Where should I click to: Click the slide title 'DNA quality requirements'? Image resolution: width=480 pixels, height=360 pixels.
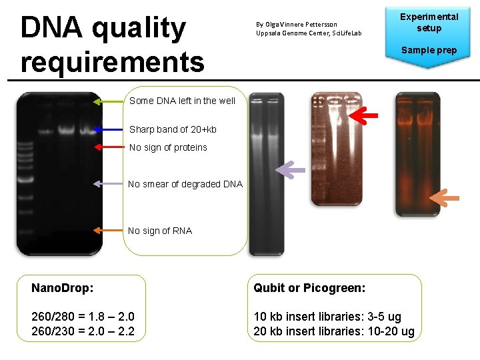click(x=112, y=45)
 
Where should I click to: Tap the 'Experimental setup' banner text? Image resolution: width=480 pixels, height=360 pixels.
click(x=429, y=22)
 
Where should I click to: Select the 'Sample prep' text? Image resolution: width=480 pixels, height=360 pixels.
click(x=429, y=50)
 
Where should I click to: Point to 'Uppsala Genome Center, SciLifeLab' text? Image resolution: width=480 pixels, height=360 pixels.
click(x=308, y=33)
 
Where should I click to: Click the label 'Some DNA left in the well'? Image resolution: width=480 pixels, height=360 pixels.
click(x=182, y=101)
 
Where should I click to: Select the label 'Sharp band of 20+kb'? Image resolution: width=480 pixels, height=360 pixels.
click(x=173, y=129)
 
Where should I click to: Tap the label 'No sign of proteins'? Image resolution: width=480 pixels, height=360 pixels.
click(x=168, y=147)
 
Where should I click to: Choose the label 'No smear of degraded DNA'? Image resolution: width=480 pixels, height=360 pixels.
click(x=185, y=184)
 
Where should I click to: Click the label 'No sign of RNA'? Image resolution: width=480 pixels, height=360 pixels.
click(x=160, y=231)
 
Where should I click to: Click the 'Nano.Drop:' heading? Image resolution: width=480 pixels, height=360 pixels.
click(x=62, y=288)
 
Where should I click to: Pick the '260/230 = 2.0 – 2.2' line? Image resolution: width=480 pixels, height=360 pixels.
click(x=83, y=331)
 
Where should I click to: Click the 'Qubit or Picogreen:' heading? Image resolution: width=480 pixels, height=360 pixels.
click(x=309, y=288)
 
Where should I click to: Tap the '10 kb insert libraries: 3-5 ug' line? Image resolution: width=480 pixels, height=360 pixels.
click(x=327, y=317)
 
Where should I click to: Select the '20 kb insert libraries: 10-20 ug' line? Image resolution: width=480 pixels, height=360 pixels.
click(x=334, y=331)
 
